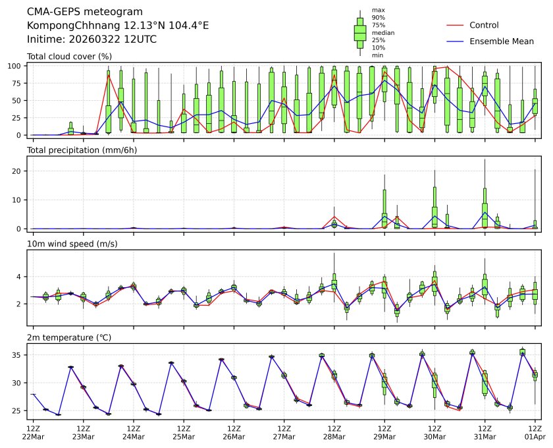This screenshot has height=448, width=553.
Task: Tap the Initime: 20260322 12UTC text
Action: click(92, 39)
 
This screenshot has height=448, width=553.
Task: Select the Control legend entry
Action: click(484, 25)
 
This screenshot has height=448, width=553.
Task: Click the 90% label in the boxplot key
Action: click(378, 17)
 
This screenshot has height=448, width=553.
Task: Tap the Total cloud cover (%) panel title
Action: click(69, 57)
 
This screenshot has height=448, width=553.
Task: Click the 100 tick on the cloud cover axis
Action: click(17, 66)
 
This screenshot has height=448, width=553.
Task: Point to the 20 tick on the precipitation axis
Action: click(19, 171)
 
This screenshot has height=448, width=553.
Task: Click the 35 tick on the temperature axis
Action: click(19, 355)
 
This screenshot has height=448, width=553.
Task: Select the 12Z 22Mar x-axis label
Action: click(33, 432)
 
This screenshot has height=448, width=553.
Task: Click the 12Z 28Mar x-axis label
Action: click(334, 432)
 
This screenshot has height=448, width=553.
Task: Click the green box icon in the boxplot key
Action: click(360, 32)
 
